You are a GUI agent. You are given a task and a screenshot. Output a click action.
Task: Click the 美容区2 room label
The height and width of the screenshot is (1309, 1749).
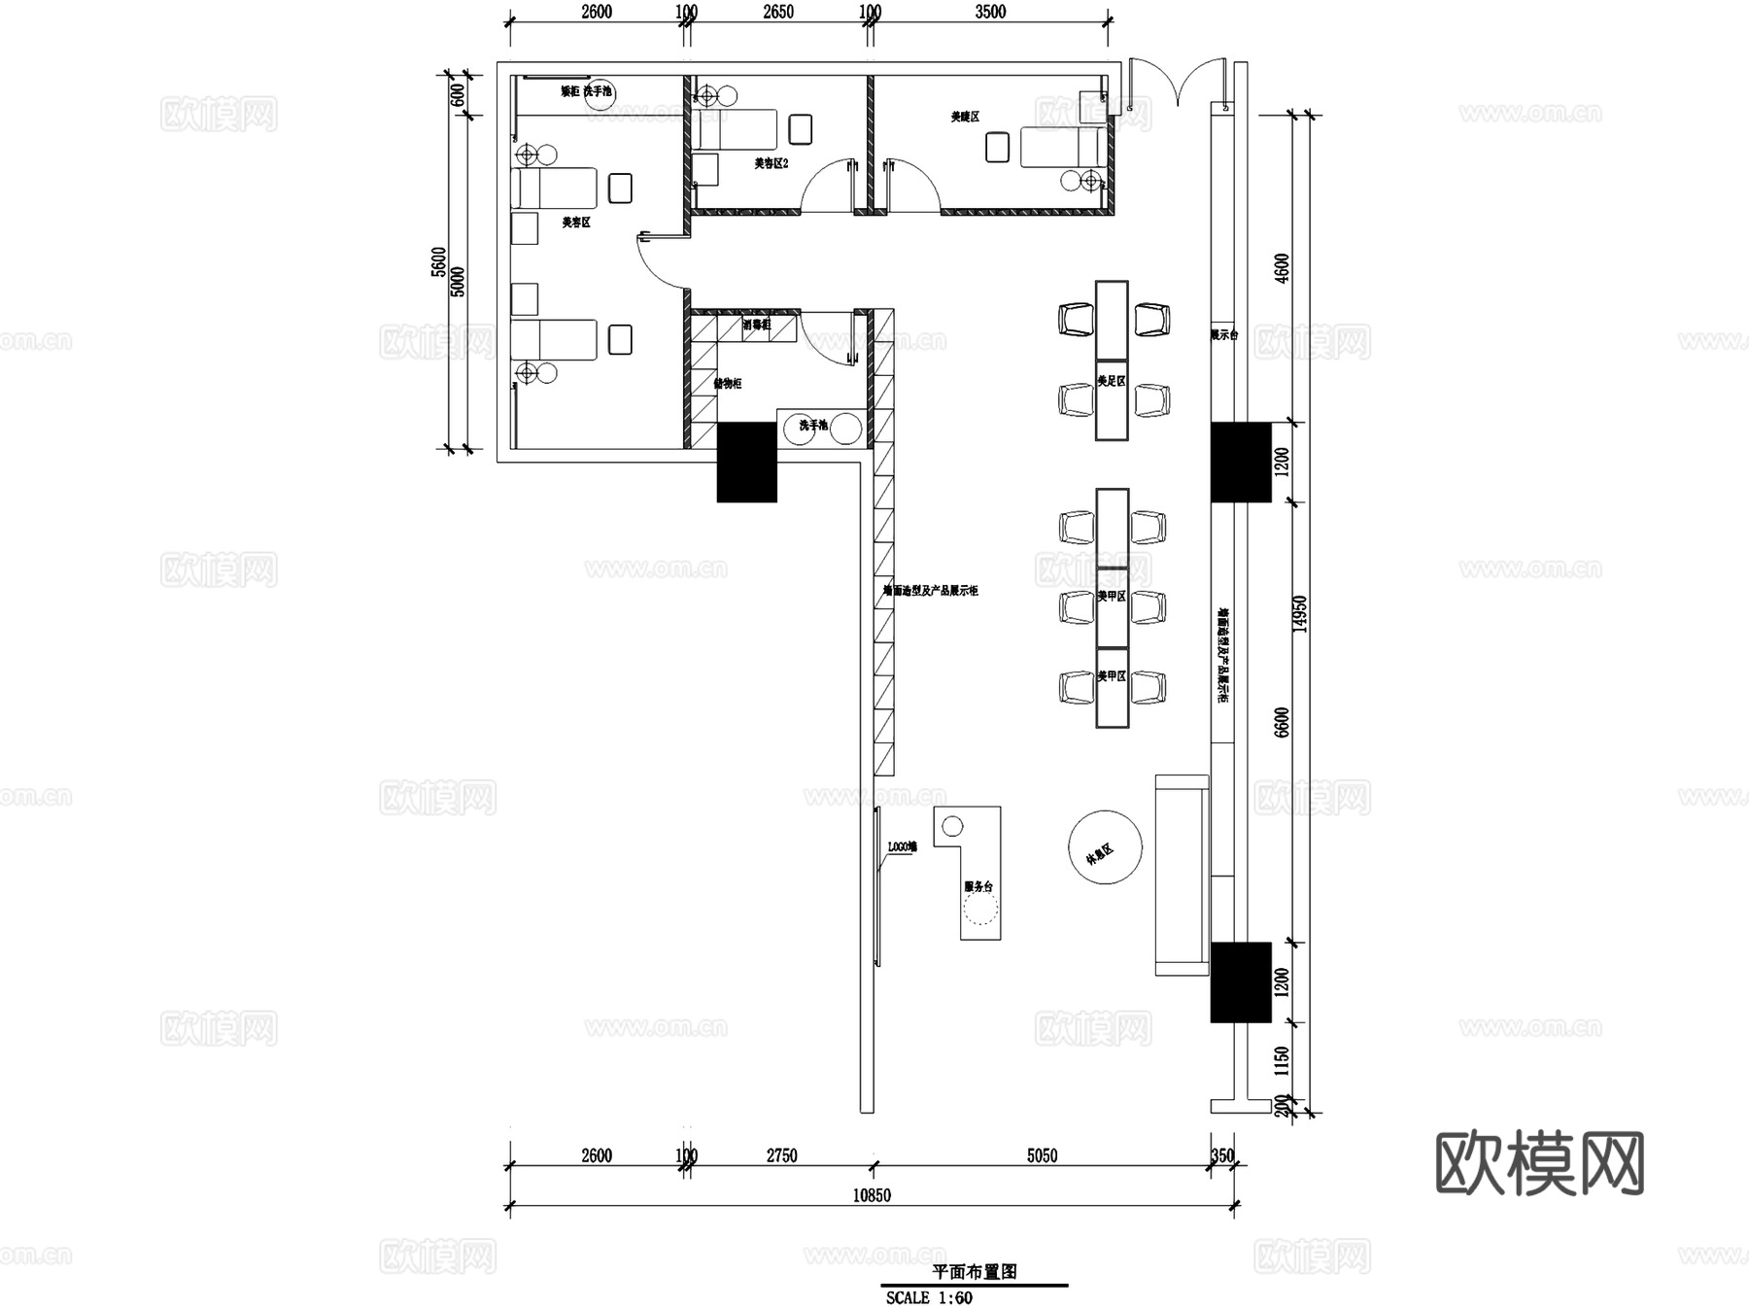point(771,163)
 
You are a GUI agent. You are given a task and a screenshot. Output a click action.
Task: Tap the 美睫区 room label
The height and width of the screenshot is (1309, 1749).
point(965,117)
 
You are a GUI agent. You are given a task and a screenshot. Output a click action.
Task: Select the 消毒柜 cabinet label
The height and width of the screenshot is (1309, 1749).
point(757,325)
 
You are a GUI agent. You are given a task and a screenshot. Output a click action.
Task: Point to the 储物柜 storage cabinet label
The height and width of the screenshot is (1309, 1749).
point(728,384)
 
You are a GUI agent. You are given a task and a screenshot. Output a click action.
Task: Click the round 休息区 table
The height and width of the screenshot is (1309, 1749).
point(1105,847)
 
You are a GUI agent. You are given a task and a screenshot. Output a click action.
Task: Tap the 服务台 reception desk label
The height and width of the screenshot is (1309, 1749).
point(978,886)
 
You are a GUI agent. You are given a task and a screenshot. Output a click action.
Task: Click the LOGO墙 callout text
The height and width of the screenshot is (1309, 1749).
point(902,847)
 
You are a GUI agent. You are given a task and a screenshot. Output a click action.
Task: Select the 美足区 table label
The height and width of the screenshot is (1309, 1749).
point(1112,381)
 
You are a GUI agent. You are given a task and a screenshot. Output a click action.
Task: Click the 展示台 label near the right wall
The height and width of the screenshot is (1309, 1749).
point(1223,335)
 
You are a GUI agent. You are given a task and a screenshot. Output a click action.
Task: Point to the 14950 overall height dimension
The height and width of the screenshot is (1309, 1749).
point(1301,614)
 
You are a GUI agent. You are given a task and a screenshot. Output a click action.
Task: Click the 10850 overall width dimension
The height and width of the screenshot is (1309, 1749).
point(872,1195)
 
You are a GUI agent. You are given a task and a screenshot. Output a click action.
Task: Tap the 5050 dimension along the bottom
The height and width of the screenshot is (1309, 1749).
point(1042,1155)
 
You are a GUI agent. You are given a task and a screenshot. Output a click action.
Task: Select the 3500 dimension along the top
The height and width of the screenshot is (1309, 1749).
point(990,13)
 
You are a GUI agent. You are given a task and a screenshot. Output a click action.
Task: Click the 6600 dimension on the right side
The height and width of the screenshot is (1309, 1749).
point(1282,722)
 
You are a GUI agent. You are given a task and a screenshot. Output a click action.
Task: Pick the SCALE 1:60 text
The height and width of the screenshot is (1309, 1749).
point(929,1297)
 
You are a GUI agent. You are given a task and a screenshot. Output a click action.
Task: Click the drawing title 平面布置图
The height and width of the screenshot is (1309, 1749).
point(975,1271)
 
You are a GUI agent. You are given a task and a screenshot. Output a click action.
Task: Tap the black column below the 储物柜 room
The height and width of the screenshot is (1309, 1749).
point(746,462)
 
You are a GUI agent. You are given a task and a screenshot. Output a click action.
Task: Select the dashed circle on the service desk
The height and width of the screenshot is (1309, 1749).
point(980,908)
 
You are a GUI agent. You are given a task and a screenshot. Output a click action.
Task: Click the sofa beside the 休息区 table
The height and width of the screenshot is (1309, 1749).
point(1182,875)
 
